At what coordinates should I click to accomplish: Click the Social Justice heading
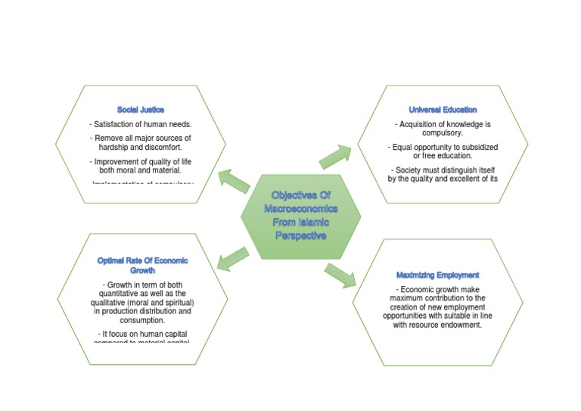click(x=141, y=110)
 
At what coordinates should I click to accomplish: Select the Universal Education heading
click(x=443, y=110)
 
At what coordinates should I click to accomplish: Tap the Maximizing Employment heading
click(x=437, y=275)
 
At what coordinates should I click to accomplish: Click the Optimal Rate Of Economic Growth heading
click(x=142, y=265)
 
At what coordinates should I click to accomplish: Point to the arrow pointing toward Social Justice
click(x=234, y=181)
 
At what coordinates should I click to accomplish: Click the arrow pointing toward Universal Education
click(x=335, y=156)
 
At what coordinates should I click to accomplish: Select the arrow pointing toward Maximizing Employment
click(x=340, y=275)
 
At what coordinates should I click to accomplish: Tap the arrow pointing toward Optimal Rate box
click(x=233, y=258)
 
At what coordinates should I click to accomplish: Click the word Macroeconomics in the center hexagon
click(x=300, y=208)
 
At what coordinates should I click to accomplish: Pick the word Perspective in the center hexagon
click(x=300, y=235)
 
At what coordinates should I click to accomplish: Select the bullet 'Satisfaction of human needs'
click(x=141, y=124)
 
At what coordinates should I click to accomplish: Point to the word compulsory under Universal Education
click(x=443, y=132)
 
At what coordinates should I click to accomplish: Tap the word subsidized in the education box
click(x=477, y=147)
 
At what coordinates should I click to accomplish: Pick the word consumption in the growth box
click(x=142, y=320)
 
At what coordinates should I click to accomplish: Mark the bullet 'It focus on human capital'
click(x=142, y=333)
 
